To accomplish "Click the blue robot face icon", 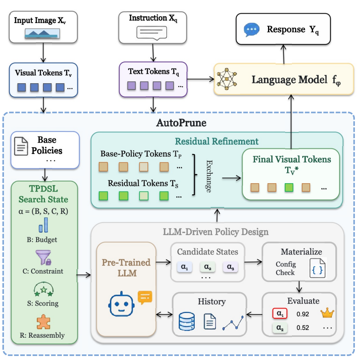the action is [121, 304].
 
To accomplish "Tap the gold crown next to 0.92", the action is [327, 313].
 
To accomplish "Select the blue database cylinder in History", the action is [187, 321].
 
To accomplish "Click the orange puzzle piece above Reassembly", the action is [43, 322].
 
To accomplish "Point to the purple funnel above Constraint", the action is [43, 257].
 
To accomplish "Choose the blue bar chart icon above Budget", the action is [43, 225].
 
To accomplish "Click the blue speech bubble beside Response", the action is [251, 29].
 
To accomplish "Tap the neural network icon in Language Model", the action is [227, 79].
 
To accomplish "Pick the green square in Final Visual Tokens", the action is [289, 187].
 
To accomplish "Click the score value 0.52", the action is [303, 328].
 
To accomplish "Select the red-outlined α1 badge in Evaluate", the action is [280, 313].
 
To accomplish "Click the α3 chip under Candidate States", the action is [230, 267].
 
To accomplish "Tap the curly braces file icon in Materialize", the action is [317, 268].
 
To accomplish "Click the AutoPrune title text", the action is [181, 123].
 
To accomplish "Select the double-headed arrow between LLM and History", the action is [164, 314].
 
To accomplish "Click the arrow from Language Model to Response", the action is [284, 54].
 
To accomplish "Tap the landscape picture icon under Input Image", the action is [42, 33].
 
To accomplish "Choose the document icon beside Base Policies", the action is [21, 146].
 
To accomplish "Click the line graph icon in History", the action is [233, 323].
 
